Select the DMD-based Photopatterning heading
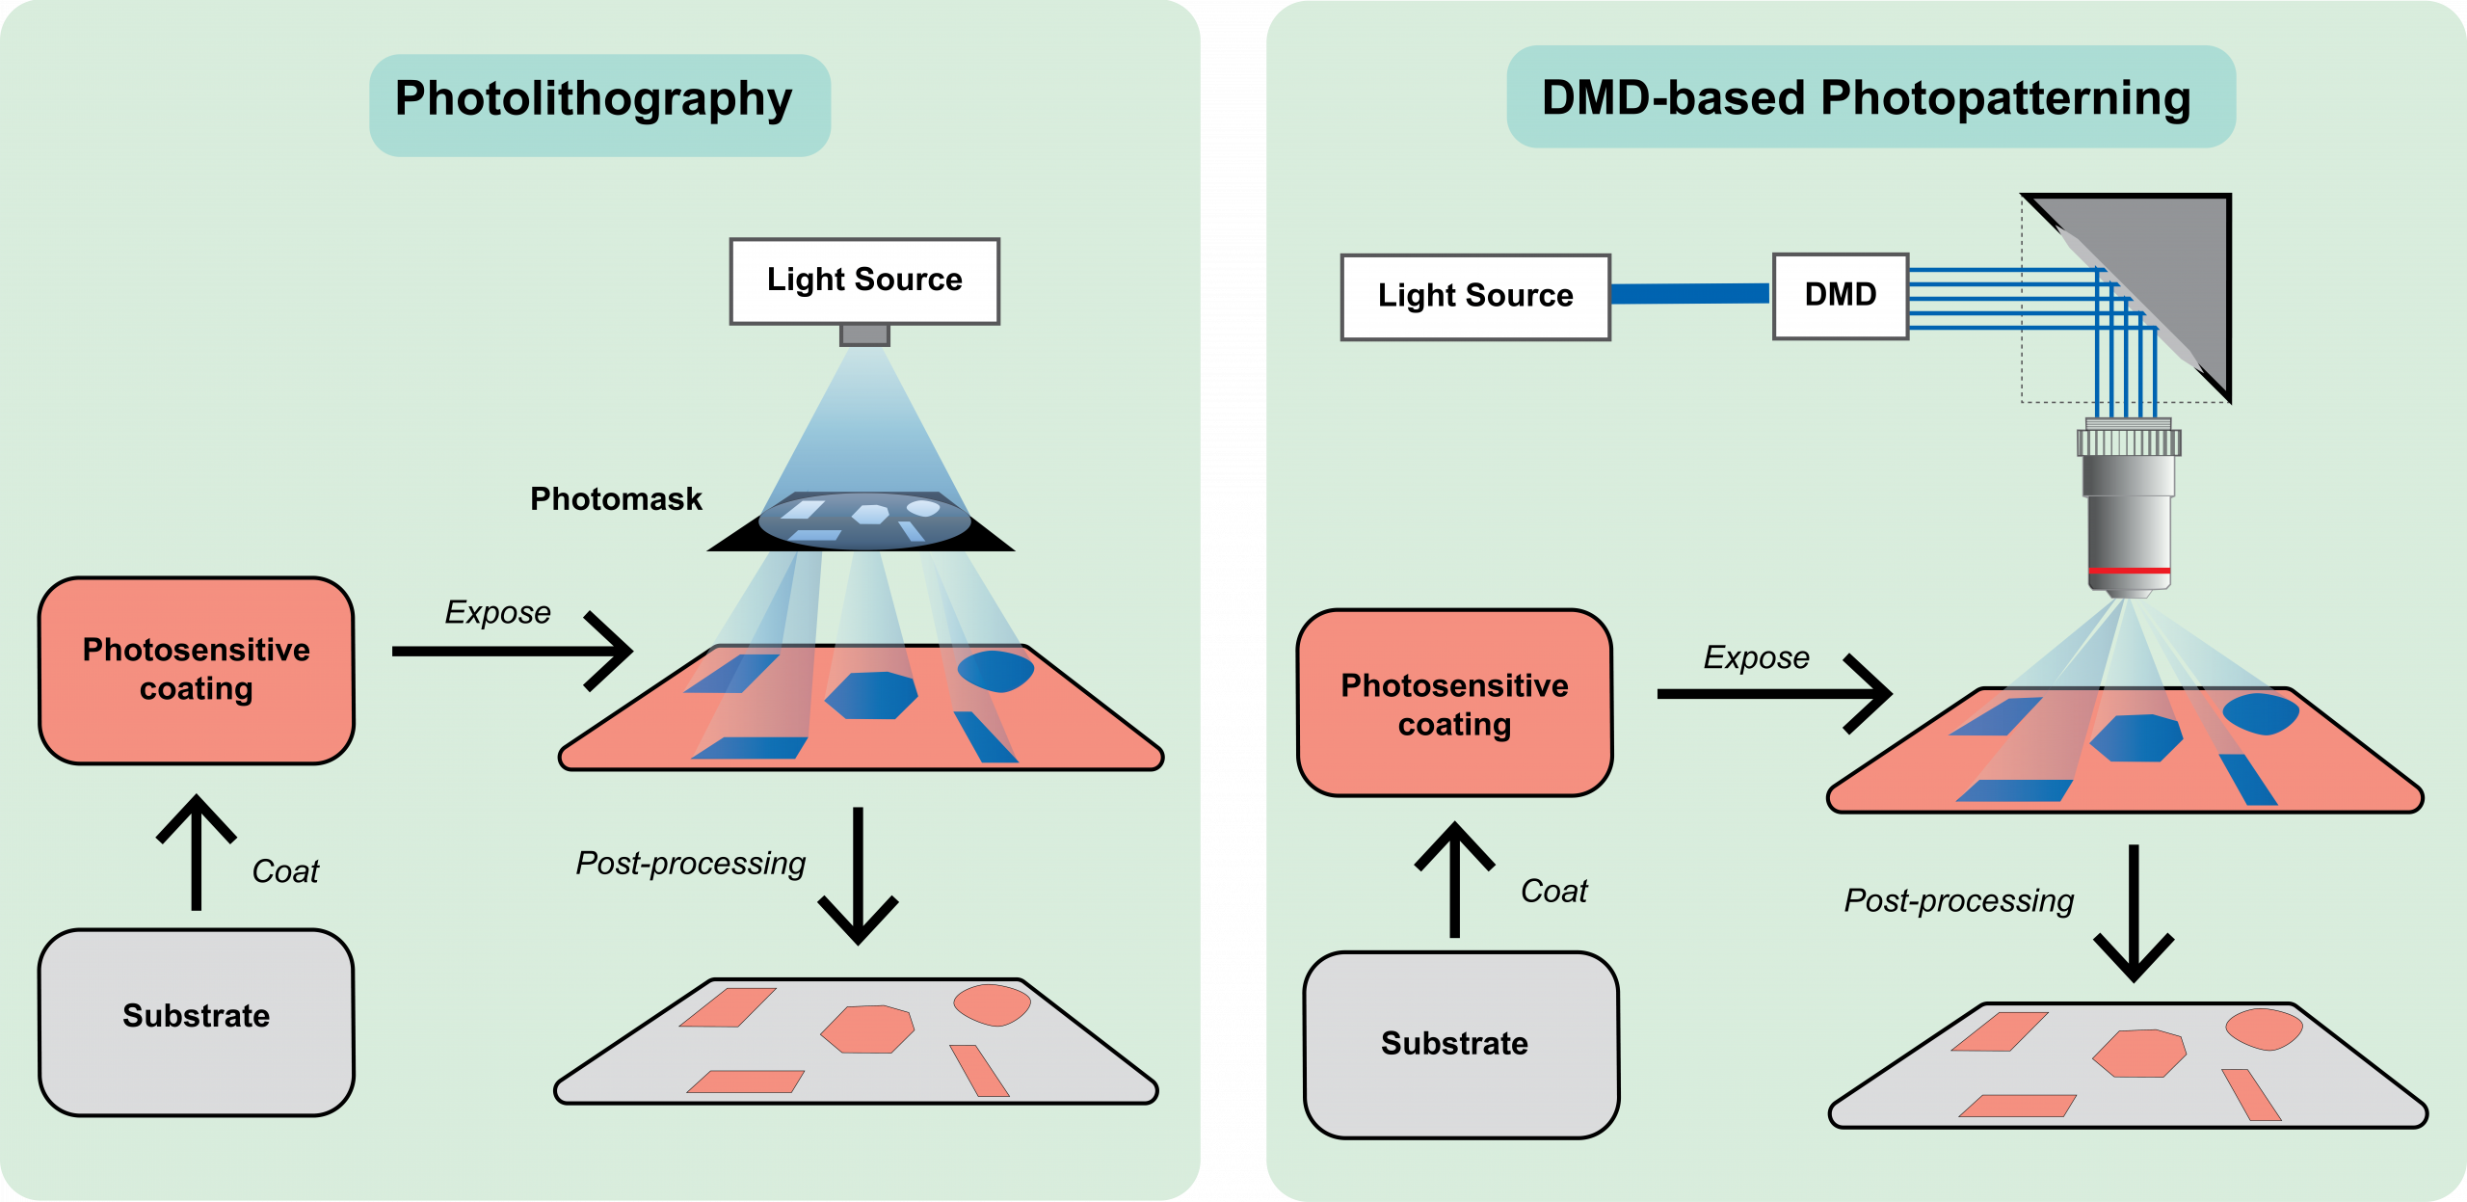(1866, 98)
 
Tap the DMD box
(1841, 296)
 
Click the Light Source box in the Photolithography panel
(864, 280)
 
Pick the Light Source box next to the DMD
(1475, 297)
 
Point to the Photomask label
(616, 499)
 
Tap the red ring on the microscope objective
(2129, 572)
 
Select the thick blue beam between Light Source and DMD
(1690, 294)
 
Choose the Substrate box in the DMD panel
(1459, 1045)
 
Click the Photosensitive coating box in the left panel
(197, 671)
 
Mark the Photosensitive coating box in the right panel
(1454, 704)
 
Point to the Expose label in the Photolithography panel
(497, 613)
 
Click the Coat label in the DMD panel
(1553, 892)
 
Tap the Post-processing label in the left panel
(690, 864)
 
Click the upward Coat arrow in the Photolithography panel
(197, 853)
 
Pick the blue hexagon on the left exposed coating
(870, 695)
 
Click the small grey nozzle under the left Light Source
(864, 335)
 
